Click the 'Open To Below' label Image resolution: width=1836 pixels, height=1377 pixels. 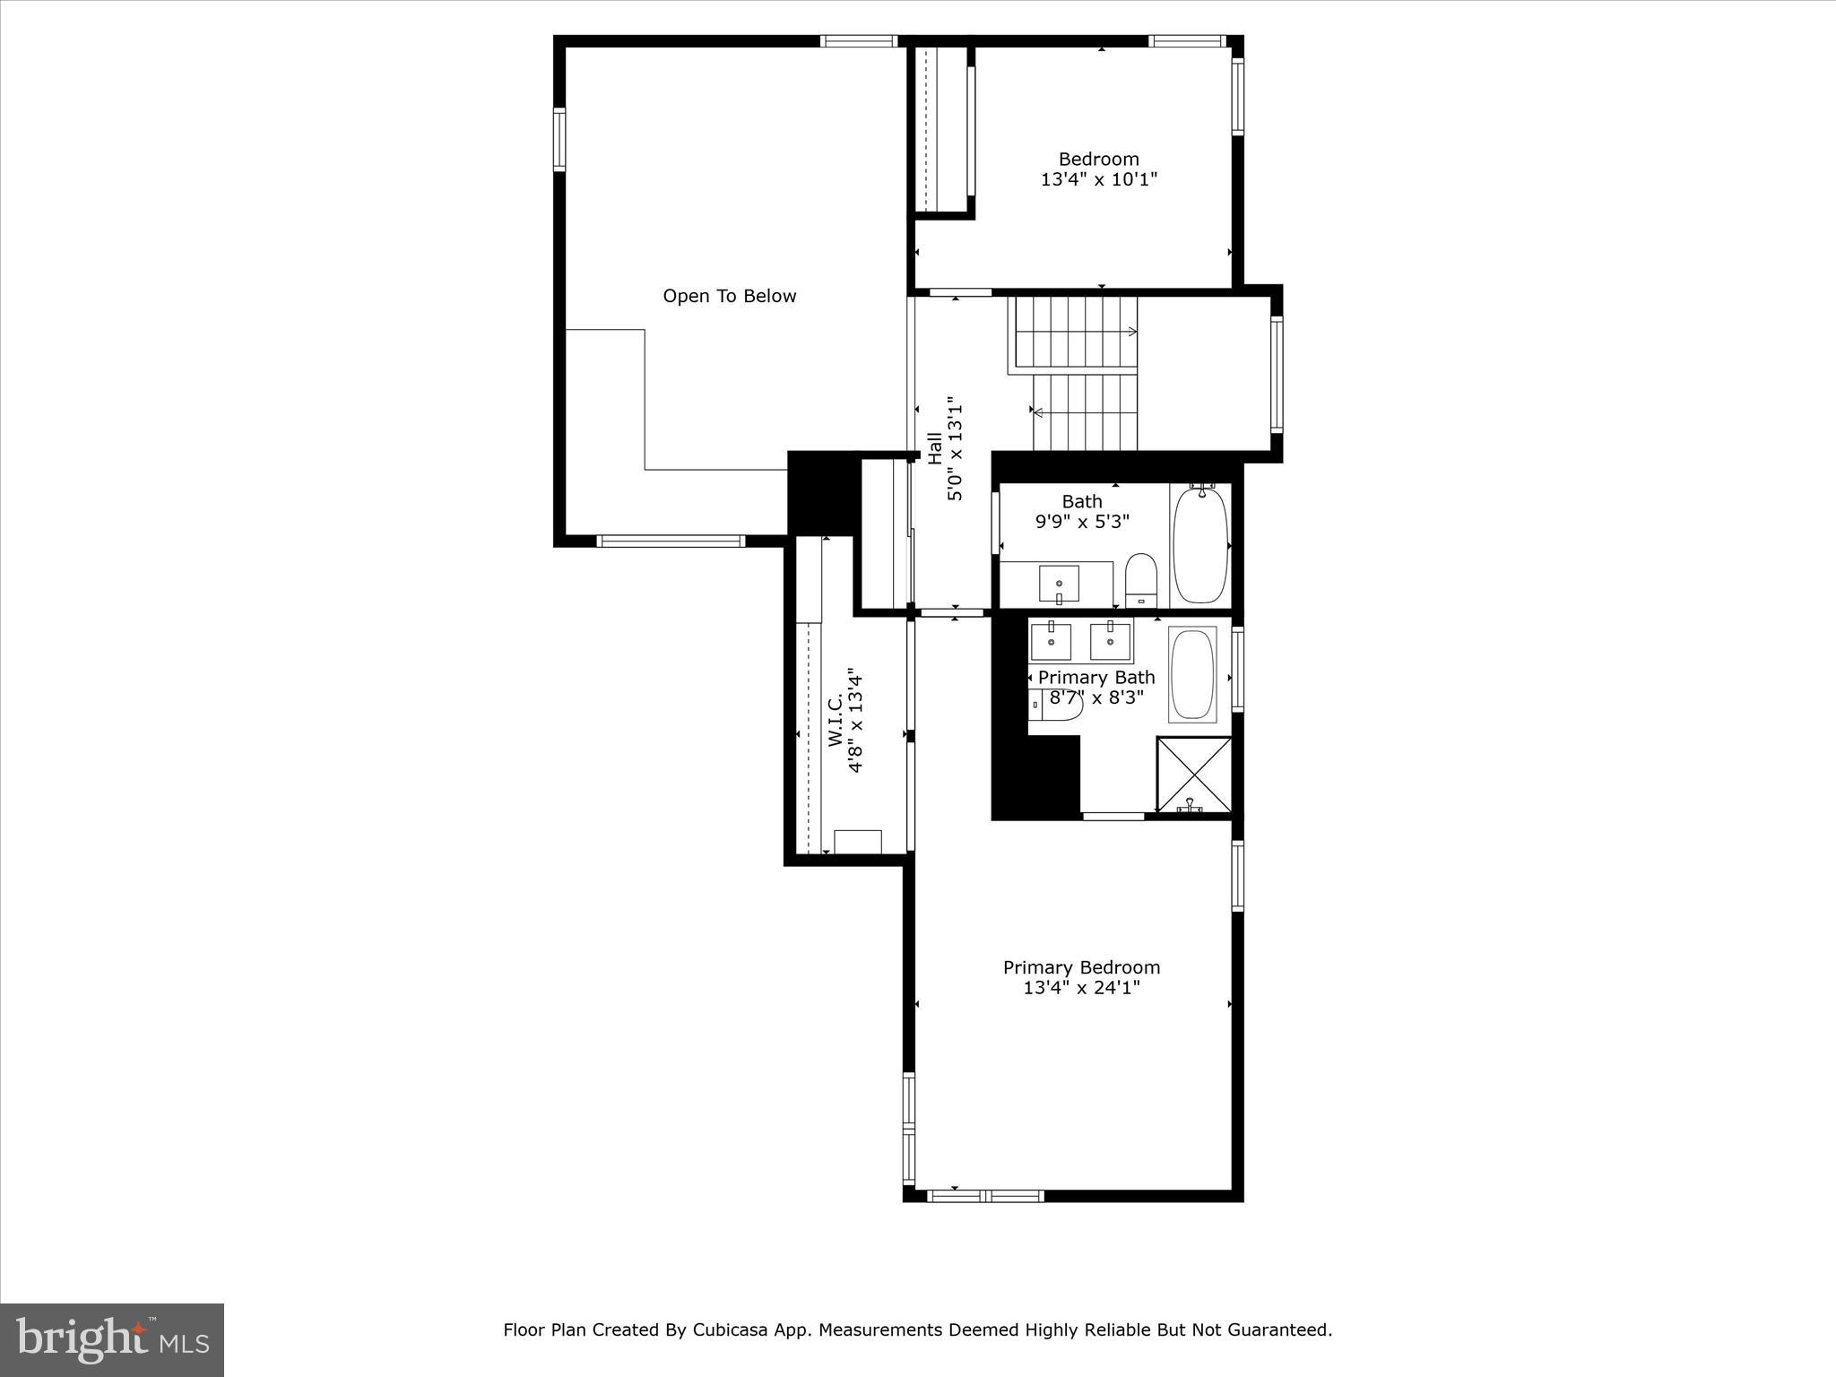[x=729, y=296]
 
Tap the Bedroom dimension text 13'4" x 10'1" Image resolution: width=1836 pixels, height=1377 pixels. [x=1098, y=179]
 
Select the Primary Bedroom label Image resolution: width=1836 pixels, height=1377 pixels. [x=1081, y=967]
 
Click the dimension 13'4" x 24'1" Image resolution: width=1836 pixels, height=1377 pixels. [x=1081, y=988]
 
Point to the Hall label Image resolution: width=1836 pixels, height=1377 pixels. [x=935, y=448]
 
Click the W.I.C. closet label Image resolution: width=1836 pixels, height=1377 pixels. [x=835, y=719]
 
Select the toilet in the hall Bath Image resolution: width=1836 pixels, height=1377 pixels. [x=1140, y=579]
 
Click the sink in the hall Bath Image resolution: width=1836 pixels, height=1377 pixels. [x=1059, y=584]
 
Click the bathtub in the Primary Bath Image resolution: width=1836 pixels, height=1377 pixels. [x=1192, y=674]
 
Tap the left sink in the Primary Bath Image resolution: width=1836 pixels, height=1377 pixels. [x=1051, y=641]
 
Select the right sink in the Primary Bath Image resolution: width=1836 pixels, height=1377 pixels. [x=1110, y=640]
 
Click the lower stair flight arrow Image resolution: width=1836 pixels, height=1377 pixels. [x=1038, y=412]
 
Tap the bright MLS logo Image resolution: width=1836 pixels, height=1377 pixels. [x=112, y=1340]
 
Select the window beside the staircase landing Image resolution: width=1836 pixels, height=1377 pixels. [x=1276, y=374]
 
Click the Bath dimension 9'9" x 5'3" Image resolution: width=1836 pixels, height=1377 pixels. [x=1082, y=521]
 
